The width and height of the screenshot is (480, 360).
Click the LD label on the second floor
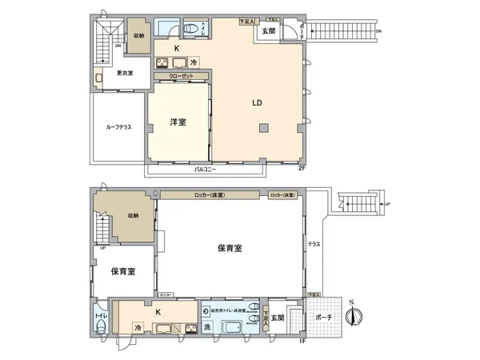tap(257, 103)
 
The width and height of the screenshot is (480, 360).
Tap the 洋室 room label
tap(178, 122)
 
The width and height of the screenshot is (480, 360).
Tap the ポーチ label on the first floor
tap(324, 318)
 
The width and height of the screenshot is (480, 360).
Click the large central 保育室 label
tap(230, 248)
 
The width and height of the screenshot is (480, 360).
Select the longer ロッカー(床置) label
tap(209, 195)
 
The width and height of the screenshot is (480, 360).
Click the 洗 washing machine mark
tap(206, 327)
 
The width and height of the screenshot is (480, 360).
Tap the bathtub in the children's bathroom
tap(234, 328)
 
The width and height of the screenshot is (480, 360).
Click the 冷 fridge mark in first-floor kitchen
tap(138, 327)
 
